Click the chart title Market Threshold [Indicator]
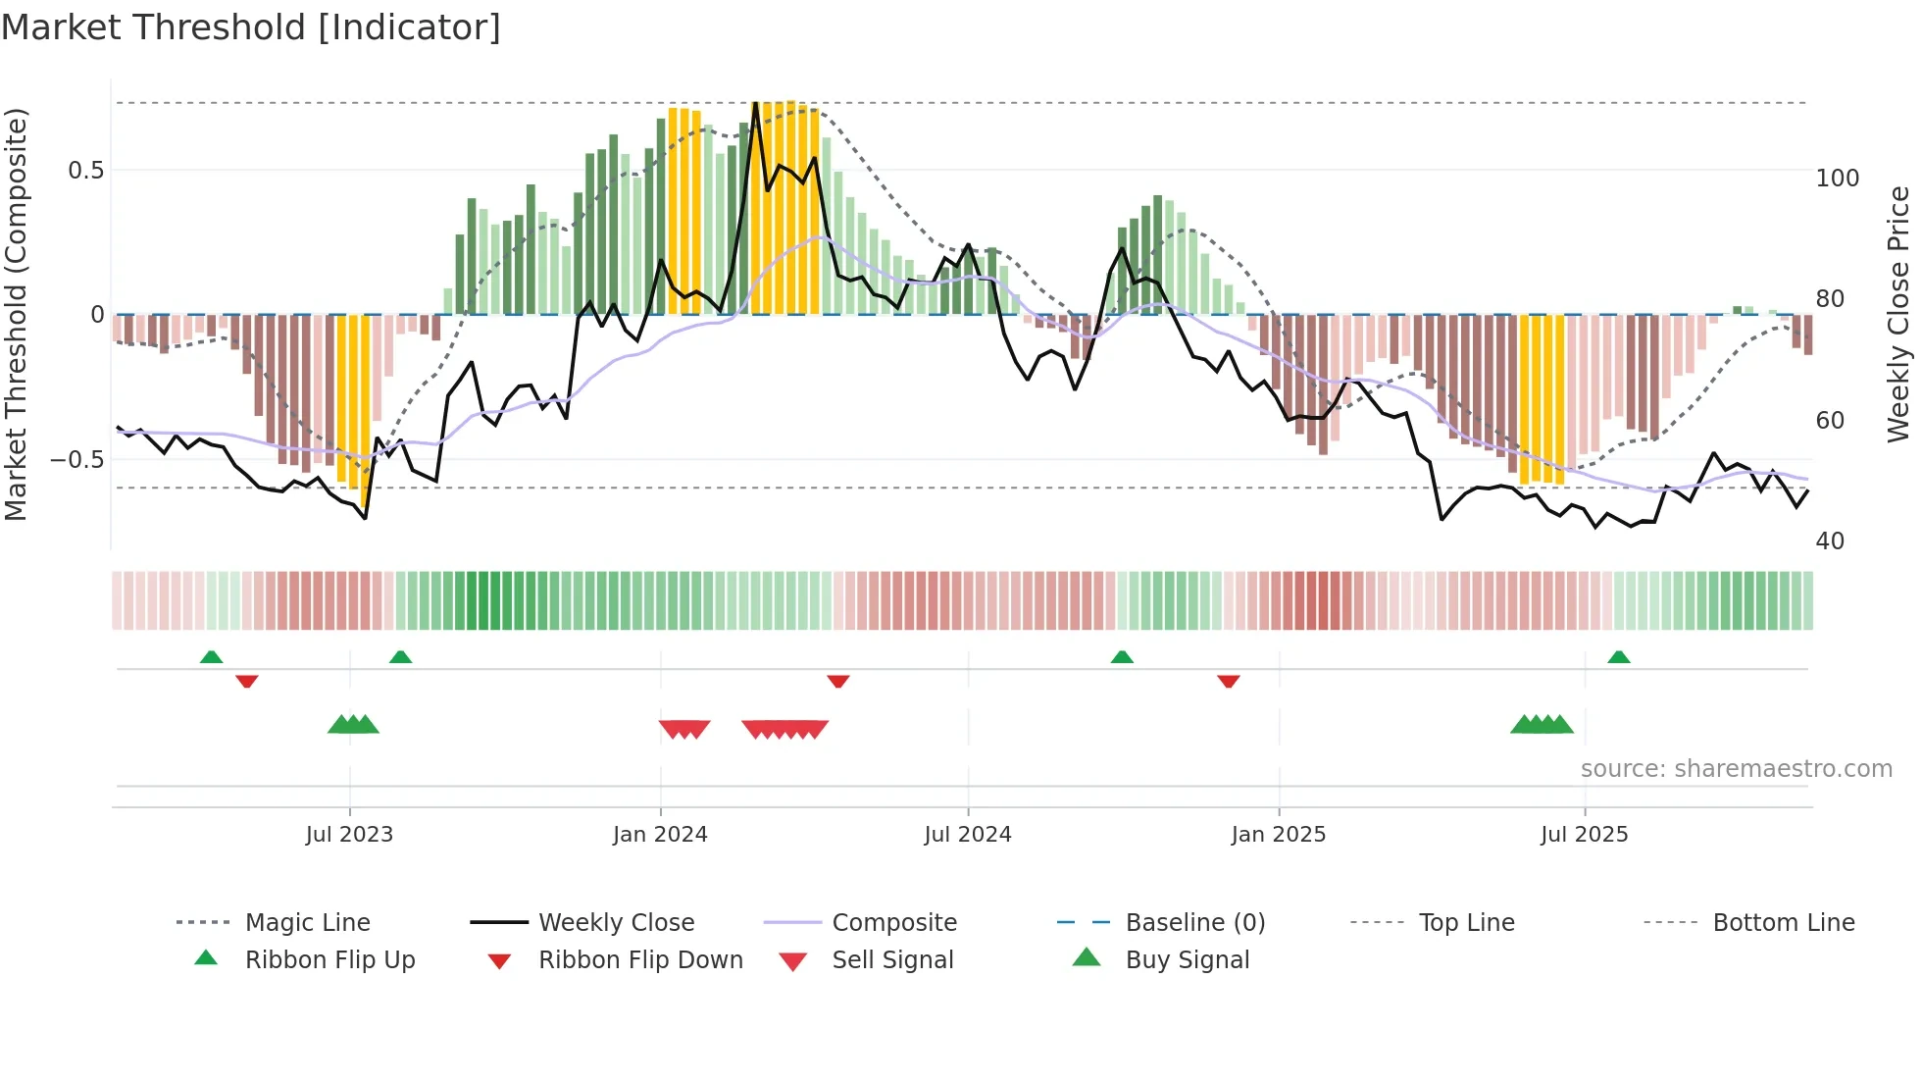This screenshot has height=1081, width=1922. (251, 27)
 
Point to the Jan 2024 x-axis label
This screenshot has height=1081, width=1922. (660, 834)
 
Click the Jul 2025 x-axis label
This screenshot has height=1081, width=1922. (1584, 834)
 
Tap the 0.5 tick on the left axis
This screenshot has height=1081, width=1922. (85, 171)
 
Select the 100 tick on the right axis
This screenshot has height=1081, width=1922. (1837, 179)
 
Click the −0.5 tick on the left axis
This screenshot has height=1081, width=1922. (77, 460)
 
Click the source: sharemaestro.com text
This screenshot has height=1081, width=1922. (1736, 768)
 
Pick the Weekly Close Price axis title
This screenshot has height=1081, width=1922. (1898, 314)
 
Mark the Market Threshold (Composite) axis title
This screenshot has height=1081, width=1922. (16, 314)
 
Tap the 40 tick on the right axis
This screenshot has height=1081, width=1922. (1830, 540)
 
